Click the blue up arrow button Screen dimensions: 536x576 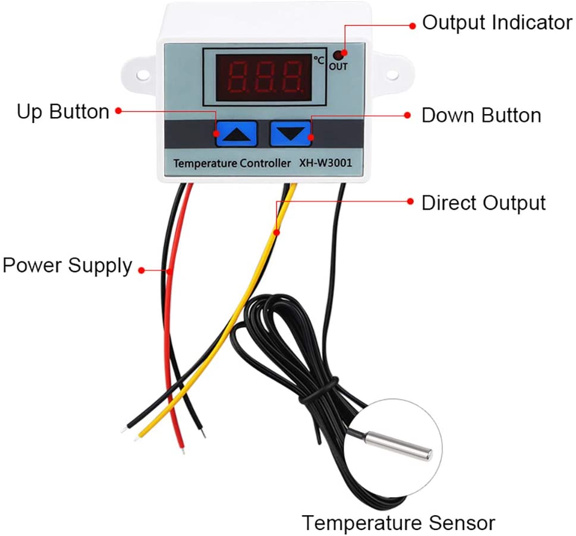236,133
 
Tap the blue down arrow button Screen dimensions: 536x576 291,133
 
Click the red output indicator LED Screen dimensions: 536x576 339,55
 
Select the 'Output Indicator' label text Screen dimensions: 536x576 497,23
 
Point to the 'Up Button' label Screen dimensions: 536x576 63,111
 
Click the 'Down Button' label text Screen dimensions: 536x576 481,115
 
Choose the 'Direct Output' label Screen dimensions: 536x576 483,203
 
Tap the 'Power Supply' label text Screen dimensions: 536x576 67,265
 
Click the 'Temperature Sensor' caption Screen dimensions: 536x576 398,523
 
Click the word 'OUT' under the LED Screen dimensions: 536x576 338,67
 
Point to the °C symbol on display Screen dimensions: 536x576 320,60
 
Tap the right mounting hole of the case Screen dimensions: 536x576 394,75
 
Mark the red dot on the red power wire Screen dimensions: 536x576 169,271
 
